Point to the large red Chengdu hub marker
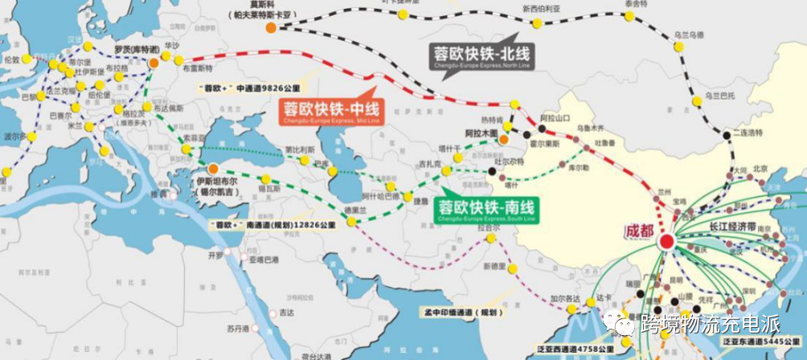pyautogui.click(x=666, y=240)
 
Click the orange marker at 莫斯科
pyautogui.click(x=272, y=28)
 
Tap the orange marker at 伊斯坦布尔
pyautogui.click(x=213, y=169)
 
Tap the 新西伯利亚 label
pyautogui.click(x=539, y=10)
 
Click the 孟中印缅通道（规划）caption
pyautogui.click(x=461, y=311)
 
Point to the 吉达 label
pyautogui.click(x=287, y=313)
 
